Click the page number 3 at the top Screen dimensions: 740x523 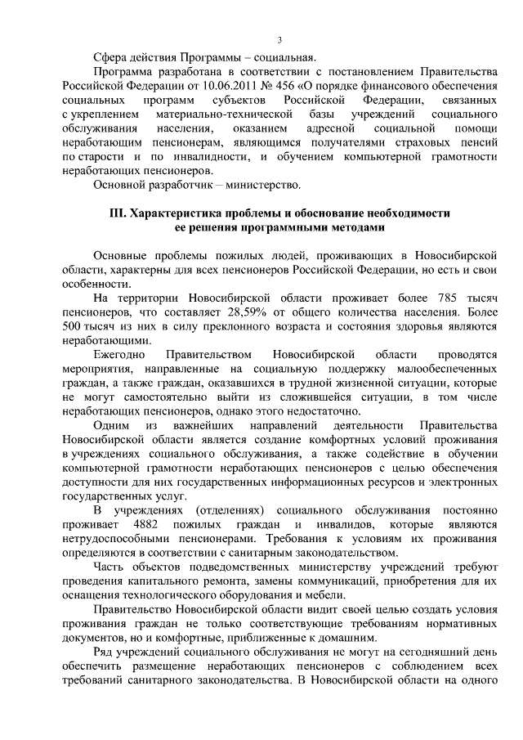tap(279, 40)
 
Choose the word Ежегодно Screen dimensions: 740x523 tap(118, 354)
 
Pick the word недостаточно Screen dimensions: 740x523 tap(328, 410)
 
